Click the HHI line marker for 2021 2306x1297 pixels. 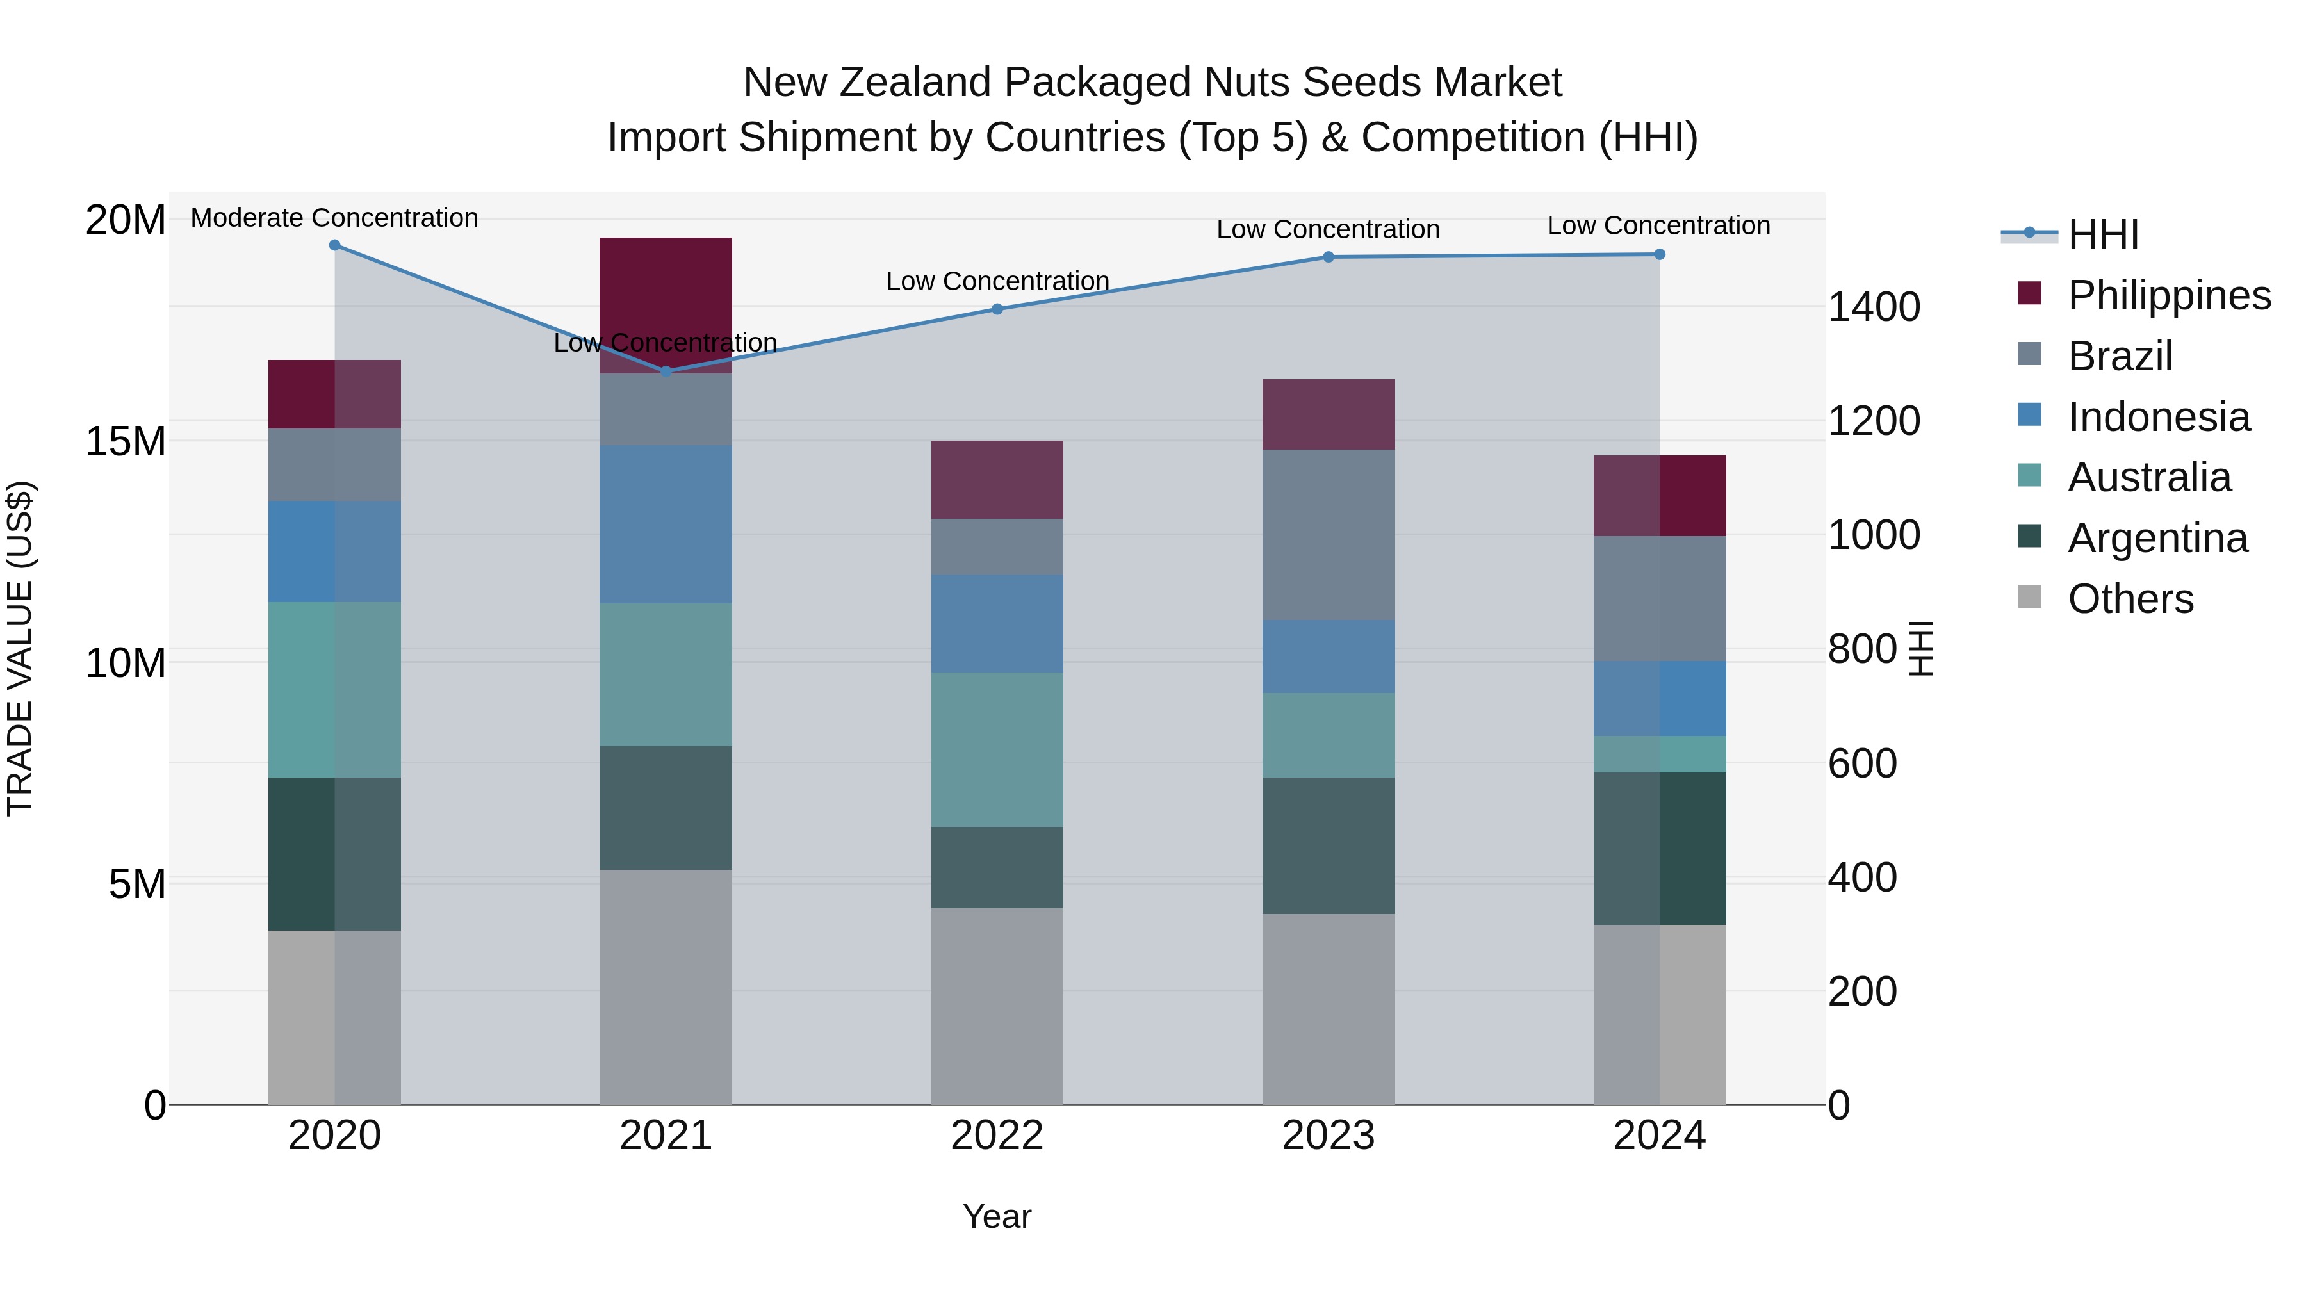pos(665,371)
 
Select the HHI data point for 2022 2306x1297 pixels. pos(997,309)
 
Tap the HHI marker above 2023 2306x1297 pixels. pos(1329,257)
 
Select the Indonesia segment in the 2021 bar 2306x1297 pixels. pos(665,524)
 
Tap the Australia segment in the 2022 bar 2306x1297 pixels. pos(997,749)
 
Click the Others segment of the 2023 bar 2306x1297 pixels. pos(1329,1009)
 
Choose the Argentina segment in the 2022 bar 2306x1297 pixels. pos(997,867)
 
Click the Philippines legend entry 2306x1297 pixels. pos(2169,295)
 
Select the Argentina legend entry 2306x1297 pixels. pos(2157,538)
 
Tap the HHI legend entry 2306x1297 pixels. pos(2103,234)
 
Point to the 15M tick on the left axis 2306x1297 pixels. pos(126,441)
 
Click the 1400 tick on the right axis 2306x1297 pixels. pos(1874,307)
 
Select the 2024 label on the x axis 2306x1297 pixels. pos(1659,1136)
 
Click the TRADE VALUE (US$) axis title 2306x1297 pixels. pos(20,648)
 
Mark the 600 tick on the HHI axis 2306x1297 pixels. pos(1862,763)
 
